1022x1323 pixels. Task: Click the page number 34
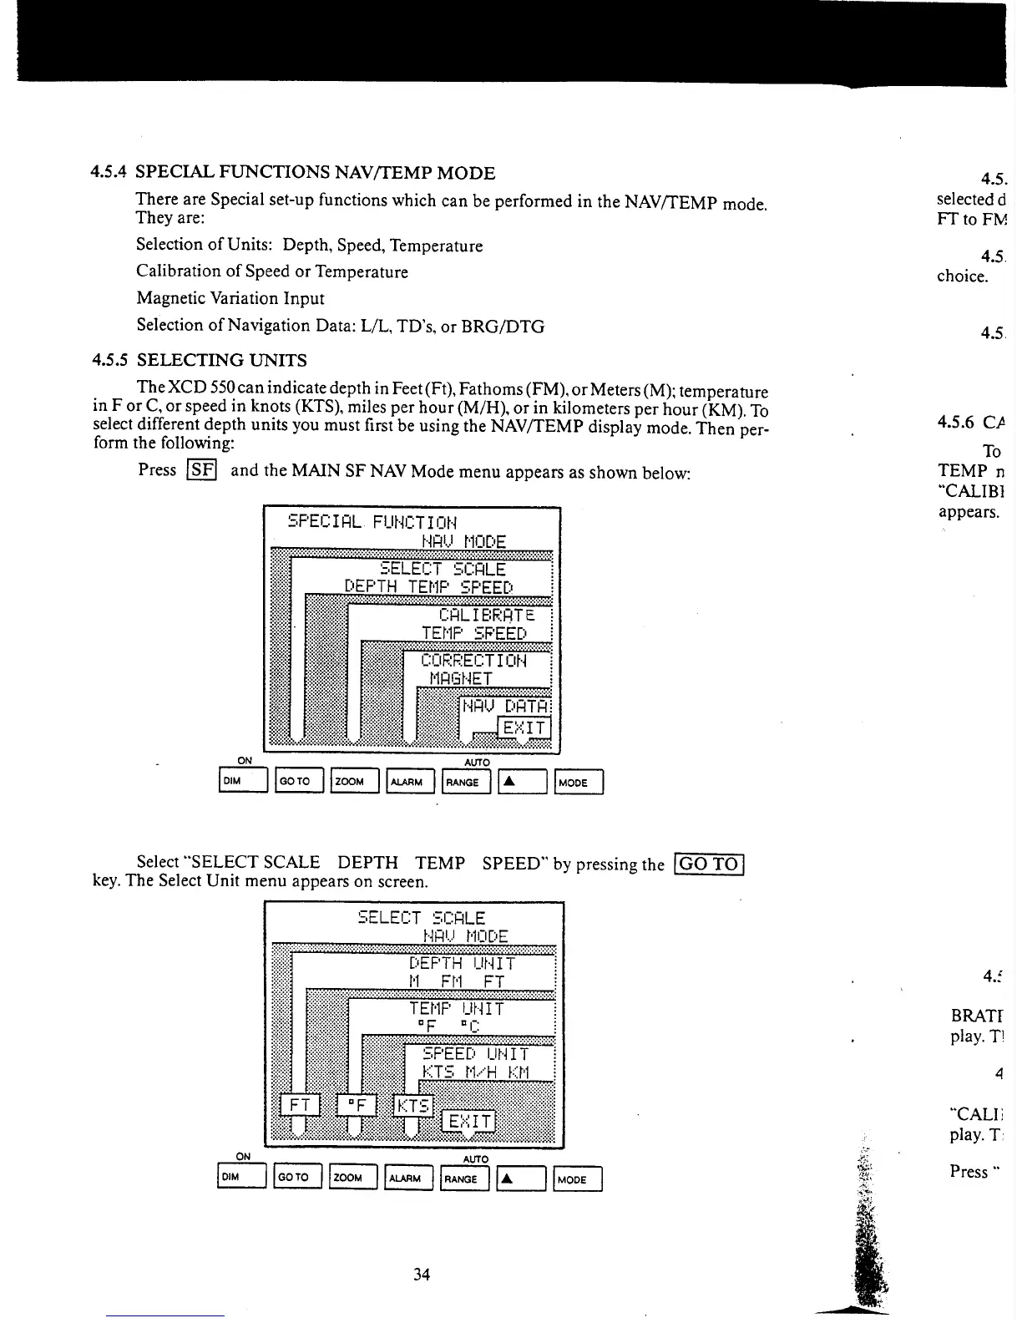(x=422, y=1274)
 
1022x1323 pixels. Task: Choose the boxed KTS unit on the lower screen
(x=413, y=1106)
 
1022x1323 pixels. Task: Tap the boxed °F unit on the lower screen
(x=357, y=1106)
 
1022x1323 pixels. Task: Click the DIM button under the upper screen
(x=242, y=782)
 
